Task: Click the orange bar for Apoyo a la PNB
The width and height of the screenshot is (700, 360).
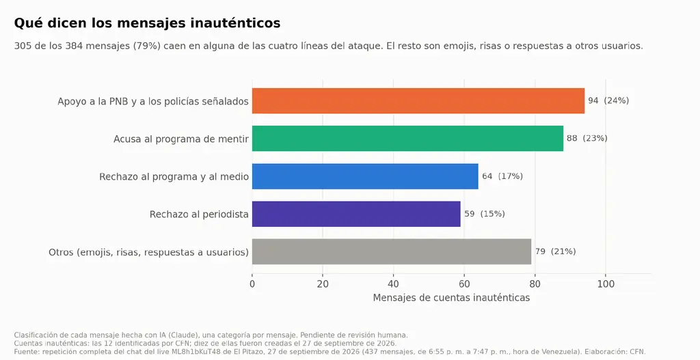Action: click(x=418, y=101)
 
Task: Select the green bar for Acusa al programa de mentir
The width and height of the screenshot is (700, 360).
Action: click(x=407, y=138)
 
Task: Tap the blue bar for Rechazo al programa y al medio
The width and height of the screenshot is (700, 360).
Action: click(x=365, y=176)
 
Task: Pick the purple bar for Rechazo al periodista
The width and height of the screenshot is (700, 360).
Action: click(x=356, y=214)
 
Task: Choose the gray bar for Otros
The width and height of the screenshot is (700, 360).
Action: click(x=392, y=251)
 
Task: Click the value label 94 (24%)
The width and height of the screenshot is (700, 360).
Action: click(x=608, y=101)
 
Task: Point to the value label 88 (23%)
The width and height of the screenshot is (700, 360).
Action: click(x=587, y=138)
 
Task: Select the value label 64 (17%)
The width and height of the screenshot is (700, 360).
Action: click(x=502, y=176)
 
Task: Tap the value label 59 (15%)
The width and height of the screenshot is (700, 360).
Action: click(x=485, y=214)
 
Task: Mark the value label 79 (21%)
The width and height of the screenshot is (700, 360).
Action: click(x=555, y=251)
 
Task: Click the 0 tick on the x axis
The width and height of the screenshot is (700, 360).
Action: click(x=252, y=284)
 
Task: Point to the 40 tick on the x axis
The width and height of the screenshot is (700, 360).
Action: click(x=393, y=284)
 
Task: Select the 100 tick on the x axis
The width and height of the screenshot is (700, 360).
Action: click(x=606, y=284)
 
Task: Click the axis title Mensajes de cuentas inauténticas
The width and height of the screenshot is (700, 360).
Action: click(x=451, y=298)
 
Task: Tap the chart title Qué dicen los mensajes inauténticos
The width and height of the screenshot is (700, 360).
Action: click(x=148, y=23)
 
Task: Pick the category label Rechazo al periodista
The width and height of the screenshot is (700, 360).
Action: click(x=199, y=214)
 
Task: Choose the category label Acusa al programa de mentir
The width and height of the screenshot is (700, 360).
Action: click(x=180, y=139)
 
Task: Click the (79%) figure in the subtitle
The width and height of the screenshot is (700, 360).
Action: click(x=146, y=46)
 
